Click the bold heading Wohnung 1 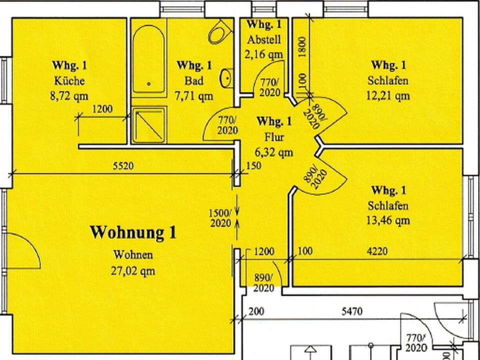(x=133, y=232)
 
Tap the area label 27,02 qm (x=133, y=271)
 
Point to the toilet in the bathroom (x=218, y=32)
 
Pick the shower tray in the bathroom (x=149, y=124)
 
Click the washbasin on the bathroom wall (x=226, y=77)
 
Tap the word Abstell (x=264, y=40)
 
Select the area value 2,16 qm (x=264, y=54)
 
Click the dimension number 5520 (x=123, y=166)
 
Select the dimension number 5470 (x=353, y=311)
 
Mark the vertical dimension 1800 (x=302, y=48)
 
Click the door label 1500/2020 (x=220, y=218)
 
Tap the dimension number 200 (x=256, y=311)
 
